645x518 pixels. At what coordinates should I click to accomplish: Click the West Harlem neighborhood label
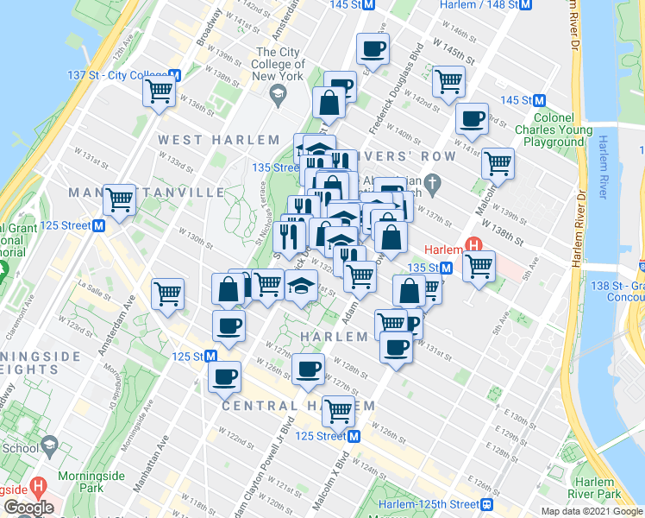click(x=219, y=140)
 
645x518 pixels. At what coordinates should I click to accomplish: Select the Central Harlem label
click(x=298, y=406)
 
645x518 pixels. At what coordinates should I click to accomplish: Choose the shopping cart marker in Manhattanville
click(x=119, y=200)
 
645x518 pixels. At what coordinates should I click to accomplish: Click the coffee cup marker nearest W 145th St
click(x=373, y=49)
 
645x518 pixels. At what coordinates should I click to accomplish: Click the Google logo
click(x=28, y=508)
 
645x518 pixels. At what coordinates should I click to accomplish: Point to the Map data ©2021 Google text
click(x=592, y=511)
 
